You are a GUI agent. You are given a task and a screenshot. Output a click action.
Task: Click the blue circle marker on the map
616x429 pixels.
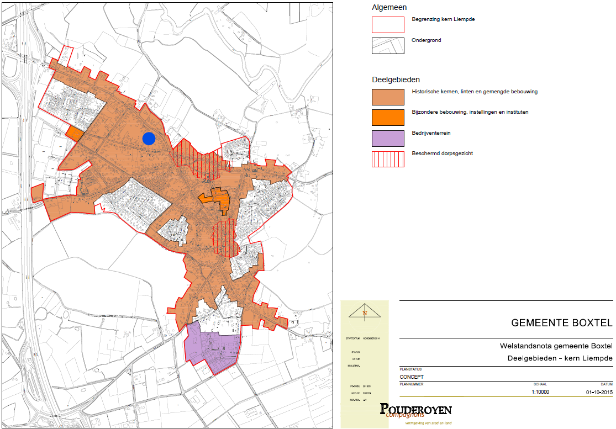[x=148, y=139]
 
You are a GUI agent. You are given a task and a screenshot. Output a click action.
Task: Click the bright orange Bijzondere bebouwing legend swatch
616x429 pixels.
[x=388, y=115]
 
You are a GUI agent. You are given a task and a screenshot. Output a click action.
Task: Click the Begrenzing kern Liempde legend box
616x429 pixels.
[x=388, y=24]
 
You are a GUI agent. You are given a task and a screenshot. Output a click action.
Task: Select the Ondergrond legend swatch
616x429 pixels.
[x=388, y=45]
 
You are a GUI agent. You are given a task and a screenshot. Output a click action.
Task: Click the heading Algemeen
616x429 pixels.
[x=389, y=7]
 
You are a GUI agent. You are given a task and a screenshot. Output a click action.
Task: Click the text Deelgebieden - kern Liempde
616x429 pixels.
[x=560, y=358]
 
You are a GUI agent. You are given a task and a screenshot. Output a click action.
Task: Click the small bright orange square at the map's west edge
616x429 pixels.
[x=75, y=133]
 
